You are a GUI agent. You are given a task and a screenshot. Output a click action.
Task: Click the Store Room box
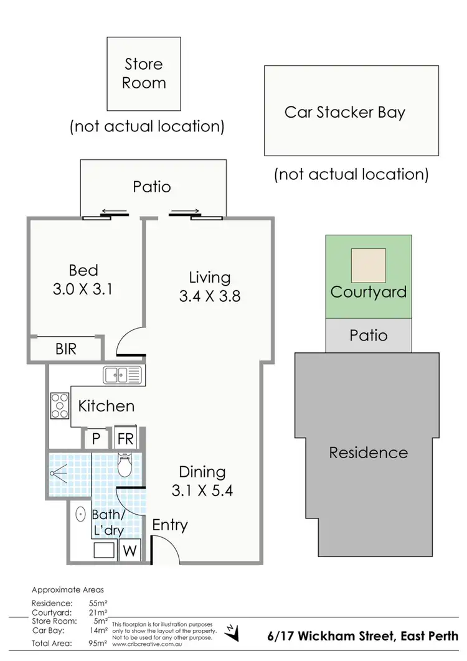pyautogui.click(x=144, y=73)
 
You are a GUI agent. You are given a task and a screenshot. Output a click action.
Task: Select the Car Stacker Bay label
pyautogui.click(x=344, y=113)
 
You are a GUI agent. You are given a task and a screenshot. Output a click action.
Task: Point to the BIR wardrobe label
pyautogui.click(x=66, y=349)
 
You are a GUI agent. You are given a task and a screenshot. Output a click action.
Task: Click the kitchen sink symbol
pyautogui.click(x=123, y=375)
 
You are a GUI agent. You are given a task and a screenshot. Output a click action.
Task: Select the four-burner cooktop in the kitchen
pyautogui.click(x=60, y=405)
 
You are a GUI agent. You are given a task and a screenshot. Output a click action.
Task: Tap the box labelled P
pyautogui.click(x=96, y=438)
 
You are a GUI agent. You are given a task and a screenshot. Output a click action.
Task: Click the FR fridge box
pyautogui.click(x=125, y=438)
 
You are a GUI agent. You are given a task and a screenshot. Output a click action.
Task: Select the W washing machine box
pyautogui.click(x=130, y=550)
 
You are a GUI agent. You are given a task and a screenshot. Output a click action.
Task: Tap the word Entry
pyautogui.click(x=170, y=525)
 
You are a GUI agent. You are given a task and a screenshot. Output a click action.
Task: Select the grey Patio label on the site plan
pyautogui.click(x=369, y=336)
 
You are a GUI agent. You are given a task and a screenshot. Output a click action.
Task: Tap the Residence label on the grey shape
pyautogui.click(x=368, y=452)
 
